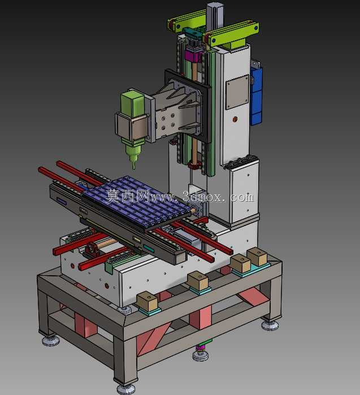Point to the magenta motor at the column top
(x=193, y=55)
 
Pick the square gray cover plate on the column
(x=237, y=92)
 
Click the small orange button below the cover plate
(x=235, y=119)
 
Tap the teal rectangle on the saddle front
(x=149, y=249)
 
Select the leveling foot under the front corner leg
(x=126, y=389)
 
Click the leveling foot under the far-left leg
(x=51, y=341)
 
